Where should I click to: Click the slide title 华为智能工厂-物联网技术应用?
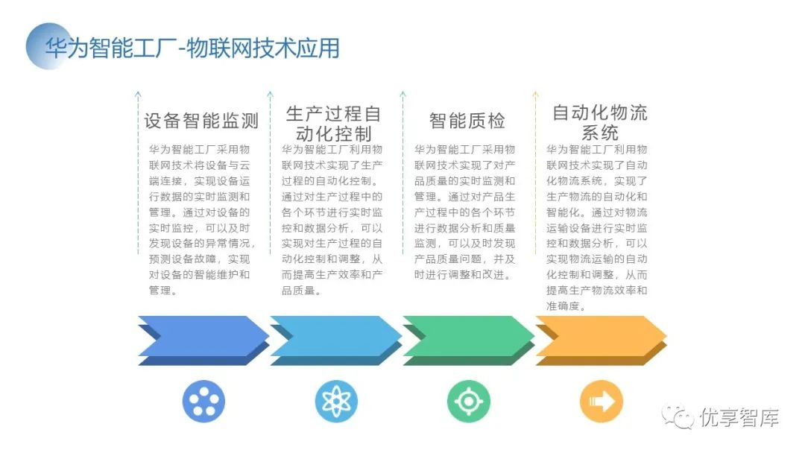click(x=192, y=48)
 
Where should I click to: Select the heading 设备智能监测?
click(x=201, y=121)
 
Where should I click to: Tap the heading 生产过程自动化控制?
click(x=333, y=124)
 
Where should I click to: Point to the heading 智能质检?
click(x=467, y=121)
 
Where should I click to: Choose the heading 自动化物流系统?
click(x=599, y=124)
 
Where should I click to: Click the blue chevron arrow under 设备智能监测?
click(x=203, y=340)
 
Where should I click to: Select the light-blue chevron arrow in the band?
click(x=335, y=340)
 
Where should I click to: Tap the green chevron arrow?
click(x=468, y=340)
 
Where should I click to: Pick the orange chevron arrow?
click(x=601, y=340)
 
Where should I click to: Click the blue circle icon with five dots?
click(x=203, y=402)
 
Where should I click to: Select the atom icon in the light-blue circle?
click(x=336, y=402)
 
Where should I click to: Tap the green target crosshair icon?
click(x=468, y=402)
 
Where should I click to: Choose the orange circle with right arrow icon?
click(x=601, y=402)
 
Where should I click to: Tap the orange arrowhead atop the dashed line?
click(x=534, y=95)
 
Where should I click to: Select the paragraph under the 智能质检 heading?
click(x=465, y=212)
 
